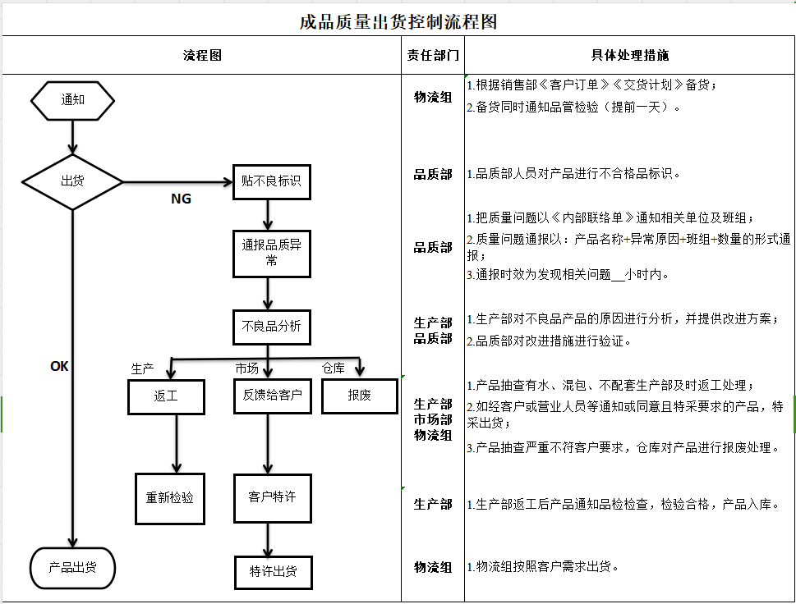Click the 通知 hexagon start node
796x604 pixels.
point(72,100)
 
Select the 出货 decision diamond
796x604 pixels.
point(72,181)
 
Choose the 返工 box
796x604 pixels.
point(166,396)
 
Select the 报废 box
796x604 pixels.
point(359,396)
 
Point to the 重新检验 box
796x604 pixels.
point(170,497)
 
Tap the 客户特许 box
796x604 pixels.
point(271,497)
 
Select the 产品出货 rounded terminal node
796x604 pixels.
point(72,567)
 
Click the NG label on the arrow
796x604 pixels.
point(181,199)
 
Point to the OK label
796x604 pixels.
point(59,367)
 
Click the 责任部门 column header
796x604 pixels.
point(433,56)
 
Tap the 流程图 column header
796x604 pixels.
point(201,56)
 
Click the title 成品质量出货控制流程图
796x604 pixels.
point(398,21)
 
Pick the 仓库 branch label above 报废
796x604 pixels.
point(333,368)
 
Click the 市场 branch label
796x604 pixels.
point(247,368)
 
